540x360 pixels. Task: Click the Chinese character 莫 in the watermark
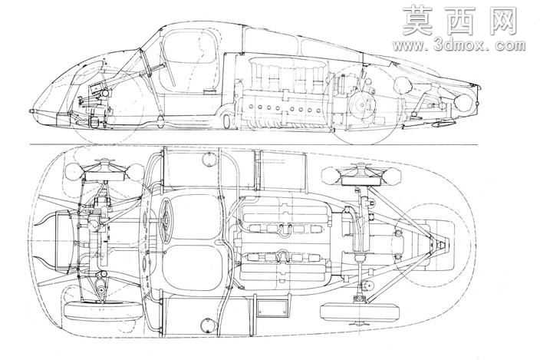click(x=417, y=21)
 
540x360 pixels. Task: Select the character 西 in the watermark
click(x=459, y=21)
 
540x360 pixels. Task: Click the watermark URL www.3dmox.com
click(x=459, y=45)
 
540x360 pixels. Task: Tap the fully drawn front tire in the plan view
click(x=103, y=311)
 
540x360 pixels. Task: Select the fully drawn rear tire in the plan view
click(x=361, y=312)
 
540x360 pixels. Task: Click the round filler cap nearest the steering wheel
click(x=209, y=159)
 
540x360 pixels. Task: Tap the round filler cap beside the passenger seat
click(x=208, y=325)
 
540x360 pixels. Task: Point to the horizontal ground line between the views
click(x=254, y=144)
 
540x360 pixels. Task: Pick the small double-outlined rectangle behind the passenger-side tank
click(x=272, y=309)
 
